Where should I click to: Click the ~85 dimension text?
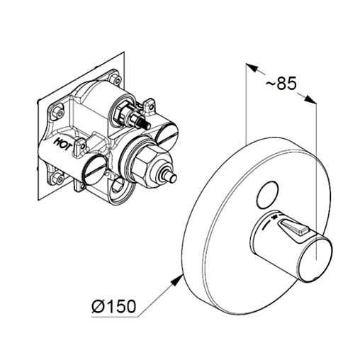[281, 83]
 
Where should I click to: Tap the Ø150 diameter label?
[113, 306]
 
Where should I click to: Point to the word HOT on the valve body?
[64, 145]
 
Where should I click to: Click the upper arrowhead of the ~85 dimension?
[252, 67]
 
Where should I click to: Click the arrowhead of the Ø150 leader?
[176, 280]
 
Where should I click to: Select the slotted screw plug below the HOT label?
[95, 170]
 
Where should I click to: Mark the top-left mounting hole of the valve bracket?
[58, 113]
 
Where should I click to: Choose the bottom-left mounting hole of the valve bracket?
[58, 178]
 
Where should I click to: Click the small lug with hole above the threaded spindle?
[149, 105]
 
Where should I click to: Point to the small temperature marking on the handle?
[274, 217]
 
